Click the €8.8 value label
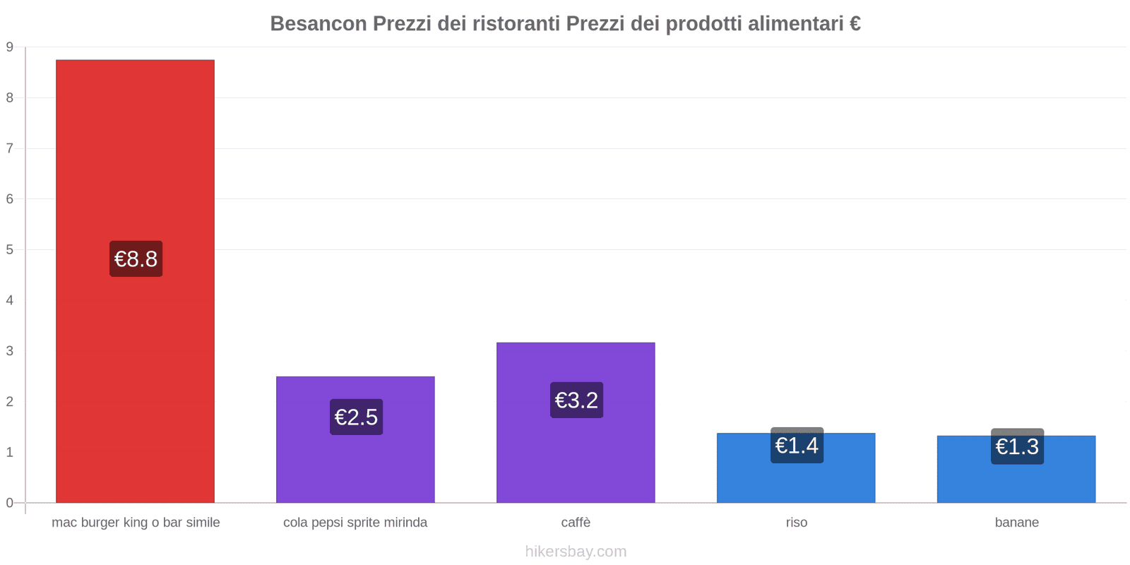coord(136,258)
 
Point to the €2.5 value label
coord(356,417)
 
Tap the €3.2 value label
coord(576,400)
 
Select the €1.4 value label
coord(797,446)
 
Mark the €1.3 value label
coord(1017,446)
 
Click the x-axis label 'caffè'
coord(576,523)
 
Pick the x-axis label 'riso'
coord(796,523)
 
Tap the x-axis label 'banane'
coord(1016,523)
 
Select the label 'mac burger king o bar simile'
coord(136,523)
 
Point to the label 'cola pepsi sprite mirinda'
coord(355,523)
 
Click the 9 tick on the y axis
coord(10,47)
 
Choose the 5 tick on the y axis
coord(10,249)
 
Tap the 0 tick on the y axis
coord(10,503)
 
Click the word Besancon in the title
coord(319,24)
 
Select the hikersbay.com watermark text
coord(576,552)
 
